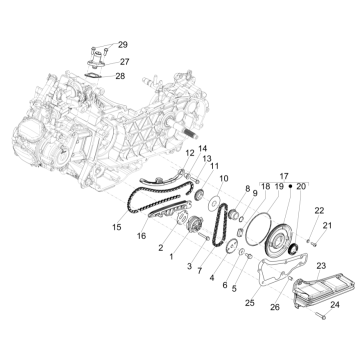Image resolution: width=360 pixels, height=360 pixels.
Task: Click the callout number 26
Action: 275,307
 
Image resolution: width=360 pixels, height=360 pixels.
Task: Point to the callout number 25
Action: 249,300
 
